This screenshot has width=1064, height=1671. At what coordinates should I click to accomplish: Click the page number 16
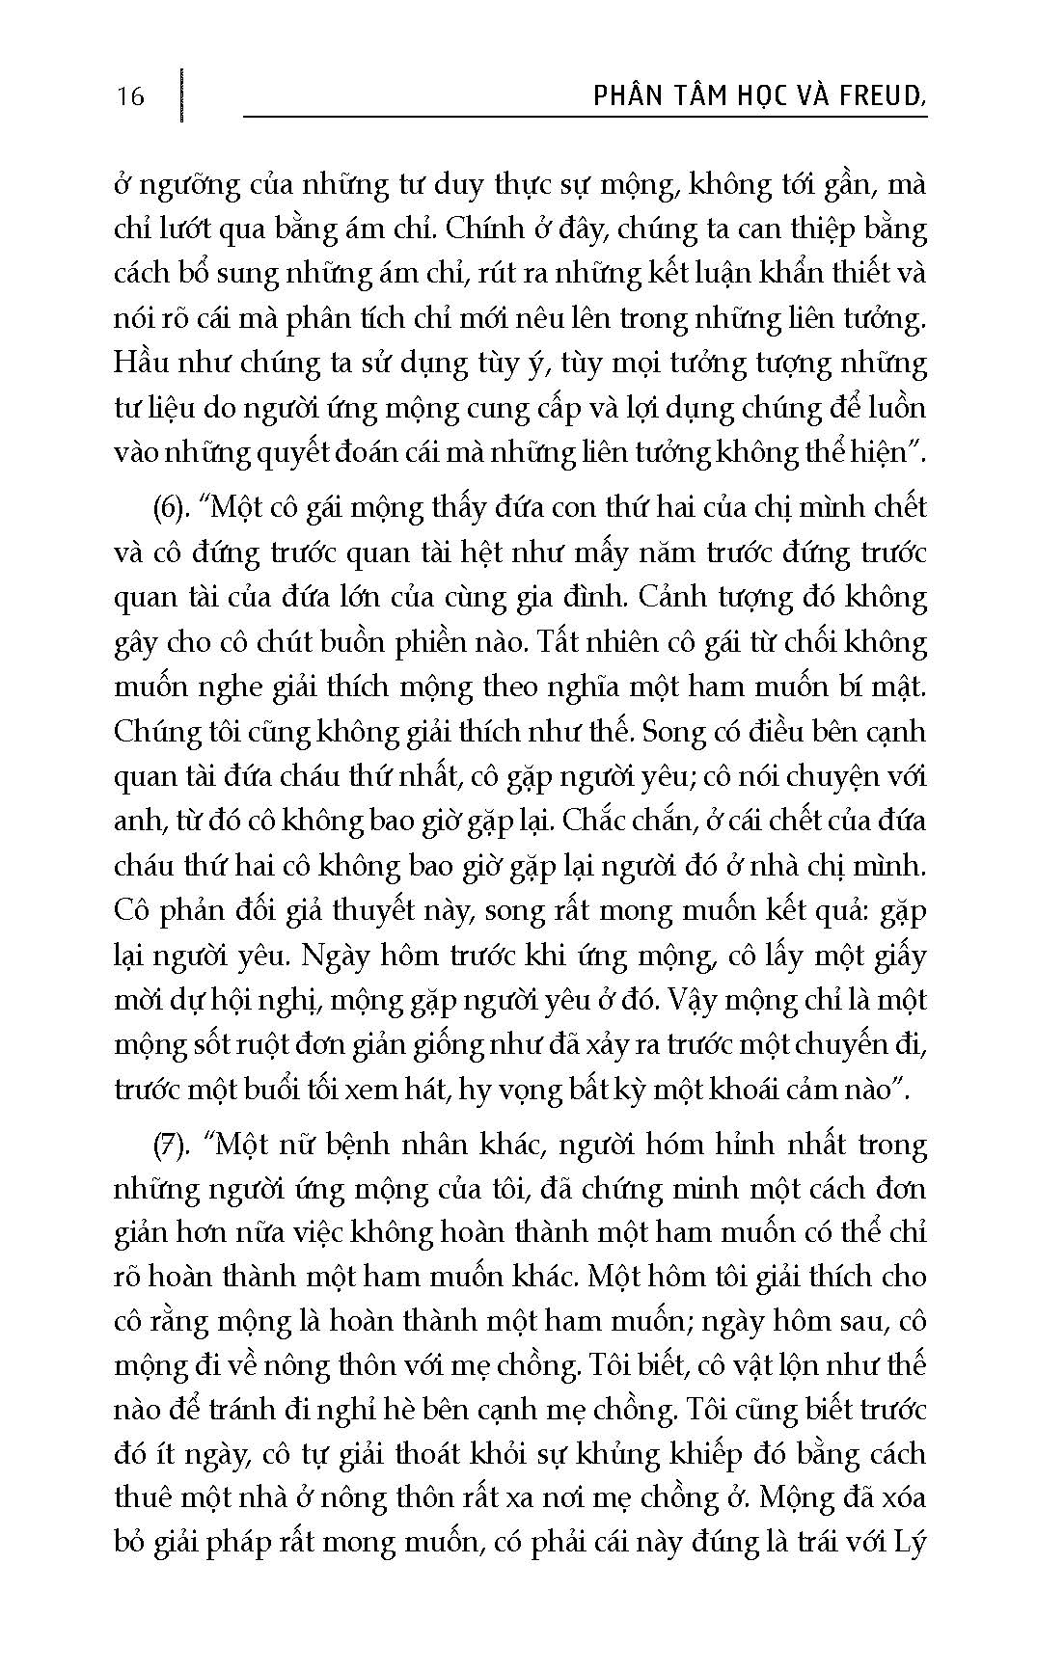click(x=128, y=96)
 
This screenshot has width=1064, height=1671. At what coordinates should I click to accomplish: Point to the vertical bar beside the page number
click(x=180, y=94)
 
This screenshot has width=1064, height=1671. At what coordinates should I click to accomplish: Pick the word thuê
click(x=145, y=1499)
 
